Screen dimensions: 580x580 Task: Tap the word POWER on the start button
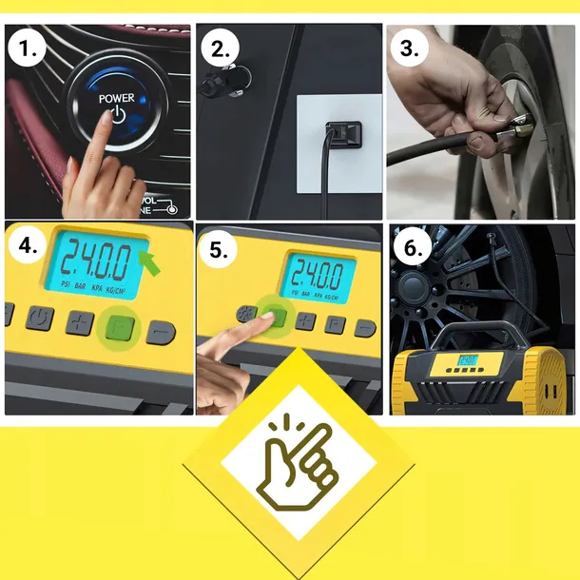[116, 98]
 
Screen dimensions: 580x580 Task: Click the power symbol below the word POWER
[116, 115]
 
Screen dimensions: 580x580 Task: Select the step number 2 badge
[222, 49]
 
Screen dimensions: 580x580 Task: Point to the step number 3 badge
[410, 49]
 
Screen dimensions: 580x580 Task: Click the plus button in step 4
[78, 323]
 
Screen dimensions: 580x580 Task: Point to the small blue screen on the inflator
[468, 362]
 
